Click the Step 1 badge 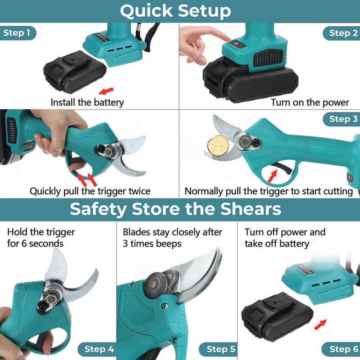pos(18,33)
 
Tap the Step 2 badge pos(342,33)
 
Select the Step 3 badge pos(342,119)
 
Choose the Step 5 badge pos(219,349)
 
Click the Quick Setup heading pos(175,11)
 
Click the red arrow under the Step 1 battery pos(106,91)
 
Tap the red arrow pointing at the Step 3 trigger pos(273,176)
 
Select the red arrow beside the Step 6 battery pos(320,324)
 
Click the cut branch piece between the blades pos(218,145)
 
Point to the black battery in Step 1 pos(75,71)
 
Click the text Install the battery pos(87,103)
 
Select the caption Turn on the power pos(310,103)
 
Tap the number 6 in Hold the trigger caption pos(24,243)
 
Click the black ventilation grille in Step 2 pos(268,58)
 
